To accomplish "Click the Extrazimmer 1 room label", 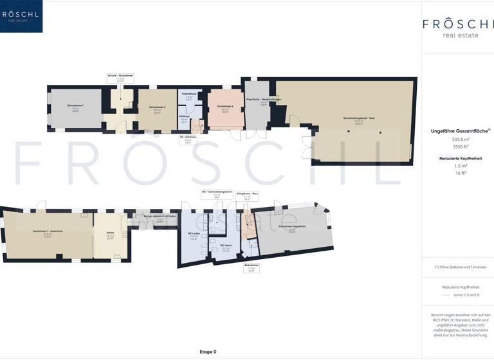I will (76, 105).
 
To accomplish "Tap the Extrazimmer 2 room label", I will (158, 107).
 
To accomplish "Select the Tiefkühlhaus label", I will (189, 94).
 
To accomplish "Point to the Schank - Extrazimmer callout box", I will (120, 77).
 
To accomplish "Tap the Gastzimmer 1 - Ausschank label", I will (47, 231).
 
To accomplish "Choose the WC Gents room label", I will (226, 246).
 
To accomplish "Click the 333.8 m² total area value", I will (457, 139).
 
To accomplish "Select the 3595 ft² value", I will (457, 147).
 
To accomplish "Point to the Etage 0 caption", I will (208, 352).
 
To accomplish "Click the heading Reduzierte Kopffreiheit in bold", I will (457, 157).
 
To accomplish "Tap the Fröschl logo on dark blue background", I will (21, 16).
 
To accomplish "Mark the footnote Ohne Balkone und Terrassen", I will (457, 267).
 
